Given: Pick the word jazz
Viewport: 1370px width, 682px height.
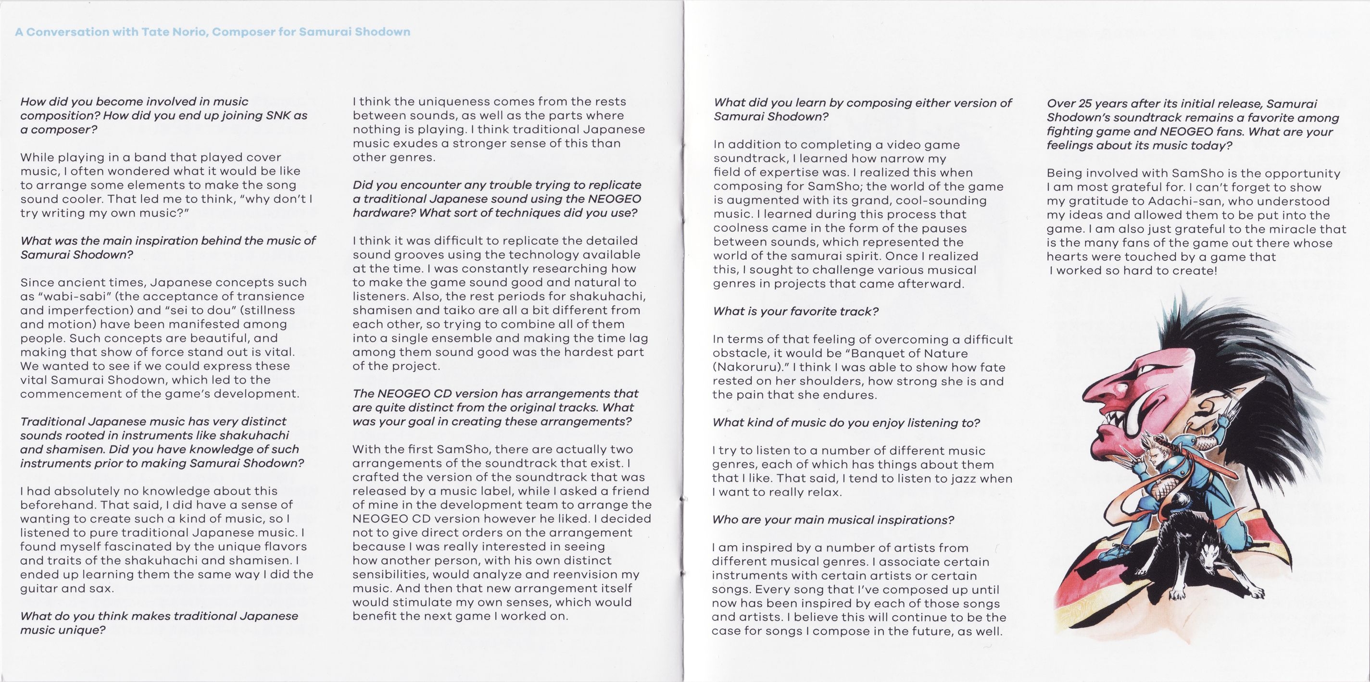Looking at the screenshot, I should tap(962, 478).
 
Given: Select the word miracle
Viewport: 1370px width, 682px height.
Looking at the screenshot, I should tap(1284, 229).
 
